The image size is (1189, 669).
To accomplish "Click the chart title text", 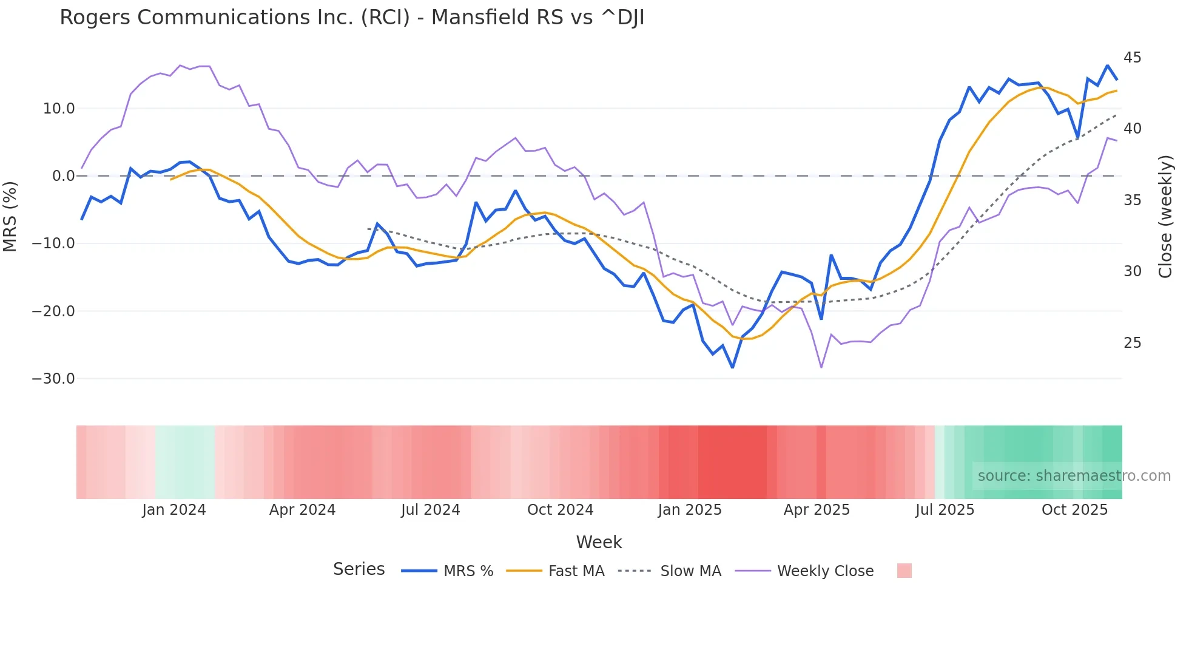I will click(352, 18).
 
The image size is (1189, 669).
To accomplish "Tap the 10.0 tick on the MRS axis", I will click(58, 109).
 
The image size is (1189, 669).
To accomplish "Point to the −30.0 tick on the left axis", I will click(53, 379).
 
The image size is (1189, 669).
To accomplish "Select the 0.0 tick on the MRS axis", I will click(63, 176).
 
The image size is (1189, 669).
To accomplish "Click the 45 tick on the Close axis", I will click(1132, 58).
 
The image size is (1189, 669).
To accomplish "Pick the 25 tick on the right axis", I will click(1132, 343).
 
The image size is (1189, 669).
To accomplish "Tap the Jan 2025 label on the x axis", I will click(690, 510).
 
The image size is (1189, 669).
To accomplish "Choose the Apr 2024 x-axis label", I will click(302, 510).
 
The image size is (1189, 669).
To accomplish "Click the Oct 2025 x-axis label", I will click(1074, 510).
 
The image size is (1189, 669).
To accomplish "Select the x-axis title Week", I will click(599, 542).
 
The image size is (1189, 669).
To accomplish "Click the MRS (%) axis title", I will click(10, 216).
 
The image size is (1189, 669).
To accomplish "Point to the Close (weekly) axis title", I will click(1165, 216).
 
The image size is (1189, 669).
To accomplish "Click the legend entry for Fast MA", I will click(576, 571).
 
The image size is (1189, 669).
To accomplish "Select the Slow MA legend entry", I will click(690, 571).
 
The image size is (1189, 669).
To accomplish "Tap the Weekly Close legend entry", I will click(825, 571).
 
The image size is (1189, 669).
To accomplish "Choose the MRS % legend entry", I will click(468, 571).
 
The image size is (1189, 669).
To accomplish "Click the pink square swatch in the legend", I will click(904, 571).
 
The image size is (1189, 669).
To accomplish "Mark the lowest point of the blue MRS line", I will click(732, 367).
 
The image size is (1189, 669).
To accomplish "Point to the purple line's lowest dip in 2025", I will click(821, 367).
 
